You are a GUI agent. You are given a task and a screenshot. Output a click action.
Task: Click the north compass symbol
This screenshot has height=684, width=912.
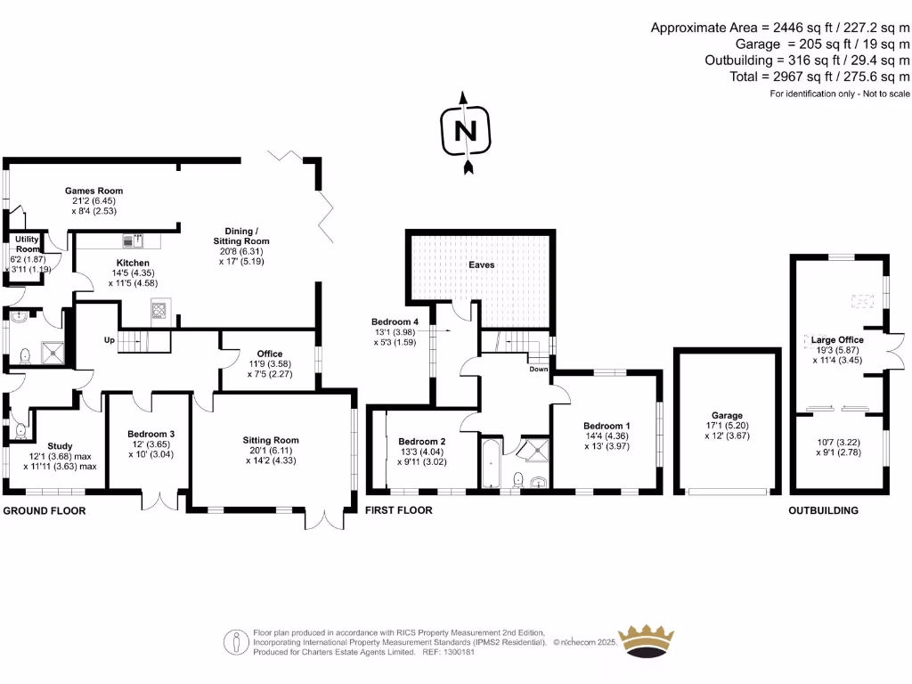click(464, 131)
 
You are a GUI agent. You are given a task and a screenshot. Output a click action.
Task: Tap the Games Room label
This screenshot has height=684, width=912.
click(94, 191)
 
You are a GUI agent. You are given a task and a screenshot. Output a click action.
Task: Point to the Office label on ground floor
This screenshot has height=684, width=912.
click(270, 354)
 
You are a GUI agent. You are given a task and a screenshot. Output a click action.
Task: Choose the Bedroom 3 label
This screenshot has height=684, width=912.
click(148, 434)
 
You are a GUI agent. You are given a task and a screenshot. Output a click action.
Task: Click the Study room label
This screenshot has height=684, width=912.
click(61, 446)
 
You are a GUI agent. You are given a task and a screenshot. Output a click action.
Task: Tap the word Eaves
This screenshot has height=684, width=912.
click(482, 265)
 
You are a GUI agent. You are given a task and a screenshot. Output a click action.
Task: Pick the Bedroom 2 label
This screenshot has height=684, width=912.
click(421, 442)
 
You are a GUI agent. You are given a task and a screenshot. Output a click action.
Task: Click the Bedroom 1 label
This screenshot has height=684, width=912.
click(607, 426)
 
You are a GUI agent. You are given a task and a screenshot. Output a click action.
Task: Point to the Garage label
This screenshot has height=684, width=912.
click(727, 415)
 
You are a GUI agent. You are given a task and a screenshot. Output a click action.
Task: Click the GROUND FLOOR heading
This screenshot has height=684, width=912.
click(45, 511)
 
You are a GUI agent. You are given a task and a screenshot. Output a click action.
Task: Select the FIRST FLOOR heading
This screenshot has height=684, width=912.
click(399, 511)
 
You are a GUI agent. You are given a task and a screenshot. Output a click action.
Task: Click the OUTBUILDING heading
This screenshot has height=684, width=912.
click(823, 511)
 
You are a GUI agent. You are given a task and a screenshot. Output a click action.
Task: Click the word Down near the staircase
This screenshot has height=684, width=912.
click(539, 368)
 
